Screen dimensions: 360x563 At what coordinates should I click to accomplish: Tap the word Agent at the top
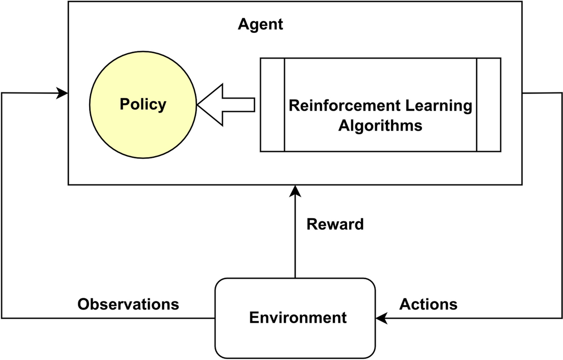pyautogui.click(x=260, y=24)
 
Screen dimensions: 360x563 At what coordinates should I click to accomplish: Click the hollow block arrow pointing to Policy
pyautogui.click(x=224, y=105)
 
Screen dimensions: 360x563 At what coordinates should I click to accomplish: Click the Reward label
pyautogui.click(x=335, y=224)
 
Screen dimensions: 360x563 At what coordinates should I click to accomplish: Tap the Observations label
pyautogui.click(x=128, y=304)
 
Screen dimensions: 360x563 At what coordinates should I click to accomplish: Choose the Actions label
pyautogui.click(x=428, y=304)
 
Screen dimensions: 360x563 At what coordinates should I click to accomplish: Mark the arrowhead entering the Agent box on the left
pyautogui.click(x=62, y=93)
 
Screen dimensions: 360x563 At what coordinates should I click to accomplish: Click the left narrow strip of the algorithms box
pyautogui.click(x=272, y=105)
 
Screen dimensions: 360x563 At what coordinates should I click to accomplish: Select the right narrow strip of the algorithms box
pyautogui.click(x=489, y=105)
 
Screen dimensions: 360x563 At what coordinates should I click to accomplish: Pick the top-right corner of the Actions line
pyautogui.click(x=561, y=94)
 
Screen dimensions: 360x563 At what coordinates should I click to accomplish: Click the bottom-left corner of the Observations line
pyautogui.click(x=2, y=318)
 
